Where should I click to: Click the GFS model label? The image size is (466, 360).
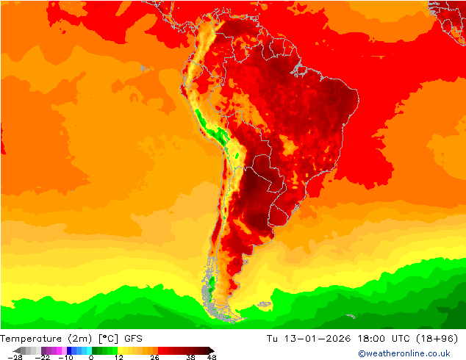click(x=133, y=339)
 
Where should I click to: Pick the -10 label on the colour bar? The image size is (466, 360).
click(x=65, y=357)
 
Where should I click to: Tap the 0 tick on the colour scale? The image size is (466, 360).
click(x=90, y=357)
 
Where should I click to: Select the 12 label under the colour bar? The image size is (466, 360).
click(x=117, y=357)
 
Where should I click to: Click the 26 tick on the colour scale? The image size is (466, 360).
click(x=154, y=357)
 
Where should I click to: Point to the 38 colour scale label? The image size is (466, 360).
click(x=190, y=357)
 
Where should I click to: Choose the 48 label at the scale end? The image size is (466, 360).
click(x=212, y=357)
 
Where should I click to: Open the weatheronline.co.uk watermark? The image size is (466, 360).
click(x=404, y=353)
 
